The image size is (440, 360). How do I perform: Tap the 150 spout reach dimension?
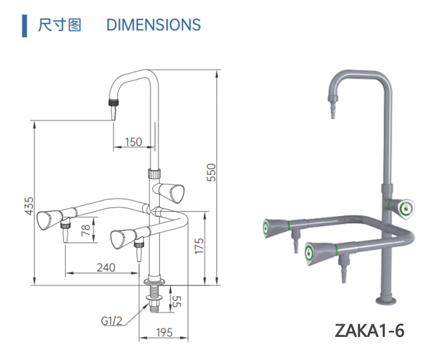pyautogui.click(x=133, y=142)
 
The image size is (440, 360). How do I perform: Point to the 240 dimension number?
pyautogui.click(x=106, y=267)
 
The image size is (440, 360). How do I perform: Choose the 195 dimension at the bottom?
pyautogui.click(x=164, y=333)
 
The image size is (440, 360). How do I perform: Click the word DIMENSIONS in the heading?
pyautogui.click(x=153, y=25)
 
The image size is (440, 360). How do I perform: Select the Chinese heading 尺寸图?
pyautogui.click(x=60, y=25)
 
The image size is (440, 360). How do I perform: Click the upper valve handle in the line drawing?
pyautogui.click(x=170, y=192)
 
